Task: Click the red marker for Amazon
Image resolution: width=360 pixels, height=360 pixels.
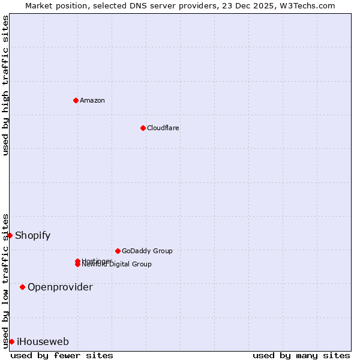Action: point(76,100)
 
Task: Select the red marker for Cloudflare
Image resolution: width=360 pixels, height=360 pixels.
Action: point(143,128)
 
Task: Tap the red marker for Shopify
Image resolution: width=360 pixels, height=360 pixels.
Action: point(10,235)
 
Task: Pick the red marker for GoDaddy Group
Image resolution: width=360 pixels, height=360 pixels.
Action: point(118,251)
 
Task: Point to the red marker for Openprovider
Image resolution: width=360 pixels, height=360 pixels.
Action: point(23,287)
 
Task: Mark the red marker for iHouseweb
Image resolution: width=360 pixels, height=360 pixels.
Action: point(11,341)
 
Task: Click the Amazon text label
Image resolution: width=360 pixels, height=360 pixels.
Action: point(92,100)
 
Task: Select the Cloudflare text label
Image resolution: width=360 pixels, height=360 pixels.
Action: point(163,128)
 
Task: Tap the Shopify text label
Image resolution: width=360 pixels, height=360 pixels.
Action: point(32,235)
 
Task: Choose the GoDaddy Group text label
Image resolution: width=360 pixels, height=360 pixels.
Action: point(147,251)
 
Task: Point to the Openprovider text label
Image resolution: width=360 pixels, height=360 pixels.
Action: point(60,287)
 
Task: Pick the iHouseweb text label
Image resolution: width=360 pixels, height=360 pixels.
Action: point(43,341)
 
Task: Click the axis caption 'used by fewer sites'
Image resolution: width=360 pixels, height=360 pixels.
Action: point(62,355)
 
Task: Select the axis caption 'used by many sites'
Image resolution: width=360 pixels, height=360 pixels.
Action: point(301,355)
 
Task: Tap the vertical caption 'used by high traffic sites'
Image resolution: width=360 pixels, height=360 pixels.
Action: point(5,85)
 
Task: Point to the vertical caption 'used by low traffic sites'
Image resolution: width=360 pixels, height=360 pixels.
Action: point(5,281)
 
